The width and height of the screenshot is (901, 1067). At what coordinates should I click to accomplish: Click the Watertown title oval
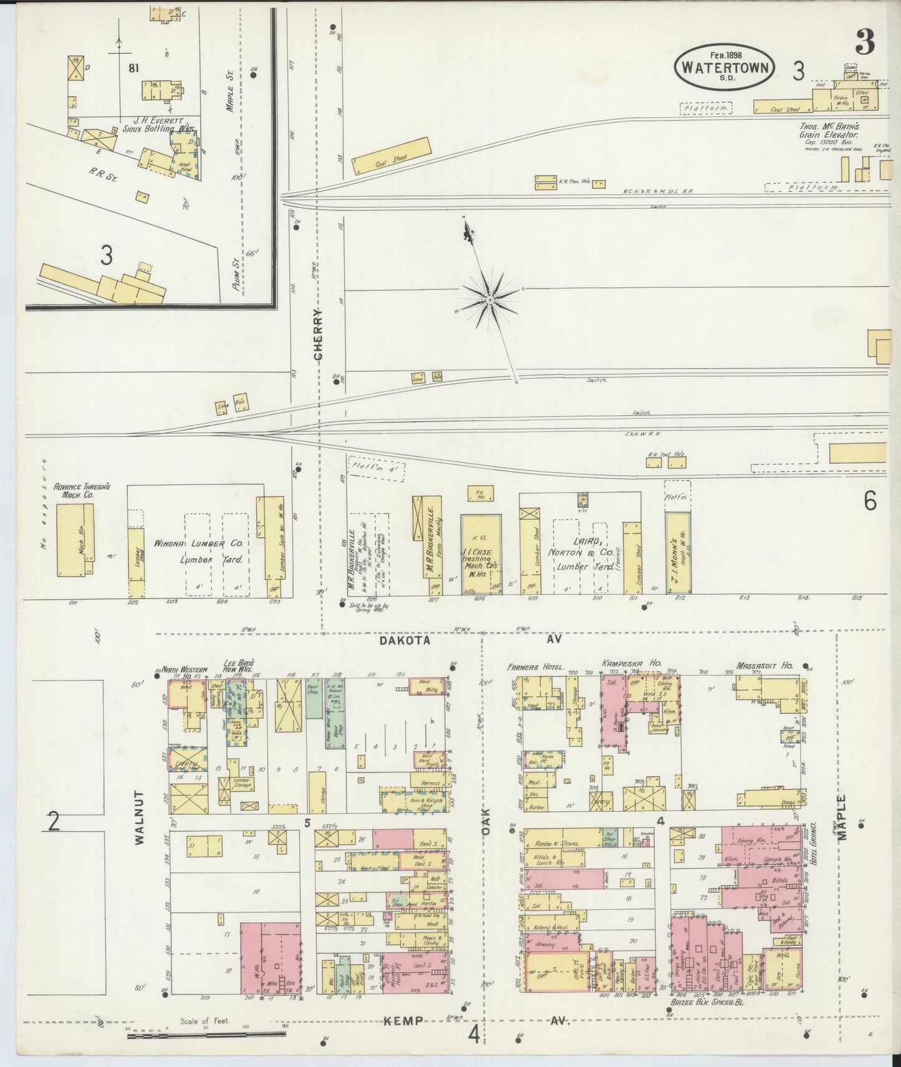[723, 67]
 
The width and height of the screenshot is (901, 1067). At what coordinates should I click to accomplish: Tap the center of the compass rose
[491, 301]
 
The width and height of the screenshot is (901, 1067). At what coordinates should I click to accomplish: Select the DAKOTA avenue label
[405, 640]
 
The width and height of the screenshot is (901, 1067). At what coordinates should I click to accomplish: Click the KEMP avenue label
[403, 1021]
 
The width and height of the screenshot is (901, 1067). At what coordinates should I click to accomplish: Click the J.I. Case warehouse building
[481, 553]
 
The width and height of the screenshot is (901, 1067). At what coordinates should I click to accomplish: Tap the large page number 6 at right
[870, 501]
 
